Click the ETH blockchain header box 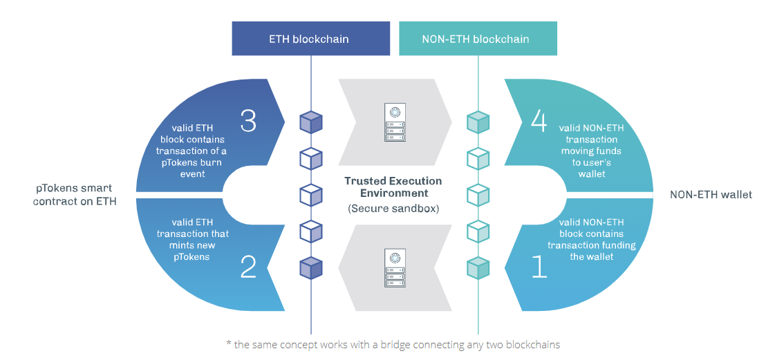(310, 39)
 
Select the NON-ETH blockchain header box (476, 39)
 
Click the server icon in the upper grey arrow (395, 123)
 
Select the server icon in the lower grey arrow (395, 268)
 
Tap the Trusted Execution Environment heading (393, 187)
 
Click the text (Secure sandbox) (393, 208)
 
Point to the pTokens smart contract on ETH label (73, 194)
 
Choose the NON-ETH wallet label (711, 195)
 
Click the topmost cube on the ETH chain (311, 122)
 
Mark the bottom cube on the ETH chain (311, 267)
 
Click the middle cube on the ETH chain (311, 195)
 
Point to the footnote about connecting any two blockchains (392, 344)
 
